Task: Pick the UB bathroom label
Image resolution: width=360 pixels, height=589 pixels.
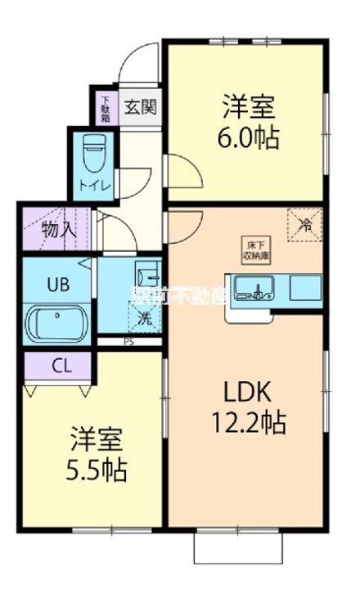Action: point(57,285)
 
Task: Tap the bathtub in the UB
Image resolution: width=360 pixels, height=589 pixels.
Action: point(59,322)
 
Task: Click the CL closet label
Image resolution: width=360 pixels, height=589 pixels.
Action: point(59,365)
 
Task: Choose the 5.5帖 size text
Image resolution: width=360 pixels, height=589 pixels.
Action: point(97,470)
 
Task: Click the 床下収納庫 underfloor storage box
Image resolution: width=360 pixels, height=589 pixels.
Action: point(251,245)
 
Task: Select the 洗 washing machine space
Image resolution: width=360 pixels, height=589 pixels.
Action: point(142,316)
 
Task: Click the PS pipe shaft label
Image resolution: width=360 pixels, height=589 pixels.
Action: point(128,343)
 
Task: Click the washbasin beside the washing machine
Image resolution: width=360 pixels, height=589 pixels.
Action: point(146,274)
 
